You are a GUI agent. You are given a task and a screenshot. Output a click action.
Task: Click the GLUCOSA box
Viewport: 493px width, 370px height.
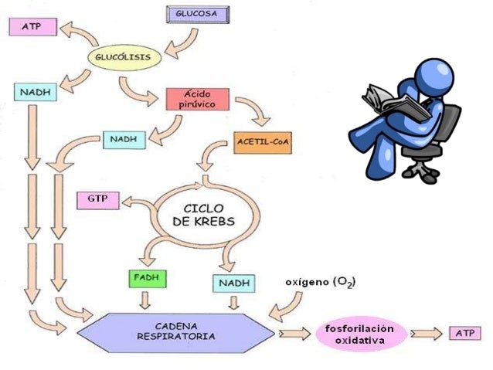coord(195,13)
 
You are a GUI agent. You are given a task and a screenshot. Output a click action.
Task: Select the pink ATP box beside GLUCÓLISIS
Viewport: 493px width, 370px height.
coord(32,27)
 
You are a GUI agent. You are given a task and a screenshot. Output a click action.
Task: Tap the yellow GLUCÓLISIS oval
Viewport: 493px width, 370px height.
coord(127,56)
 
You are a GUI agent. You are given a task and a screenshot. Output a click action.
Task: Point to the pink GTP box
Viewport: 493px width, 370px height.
coord(97,201)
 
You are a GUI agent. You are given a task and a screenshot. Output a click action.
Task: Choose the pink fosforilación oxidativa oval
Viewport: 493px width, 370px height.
coord(360,333)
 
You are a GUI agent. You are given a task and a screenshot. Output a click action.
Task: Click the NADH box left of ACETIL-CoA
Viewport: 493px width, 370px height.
coord(123,140)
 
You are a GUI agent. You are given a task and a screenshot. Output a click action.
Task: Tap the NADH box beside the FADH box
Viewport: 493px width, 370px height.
coord(233,283)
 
